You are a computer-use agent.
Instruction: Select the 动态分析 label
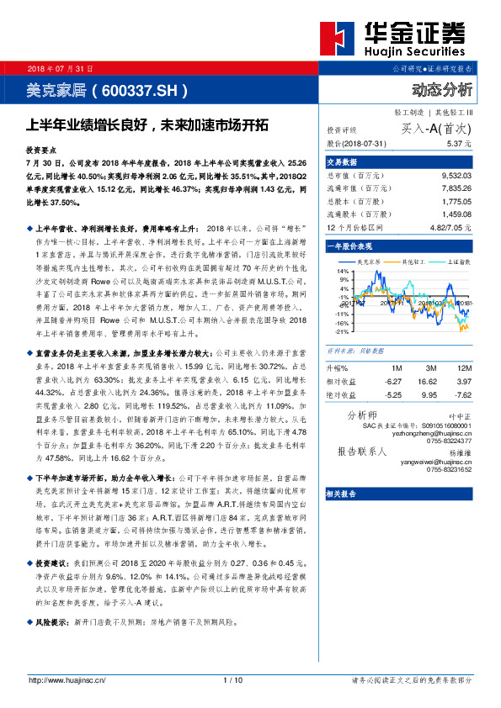coord(442,89)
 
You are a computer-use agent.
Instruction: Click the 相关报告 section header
coord(342,494)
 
